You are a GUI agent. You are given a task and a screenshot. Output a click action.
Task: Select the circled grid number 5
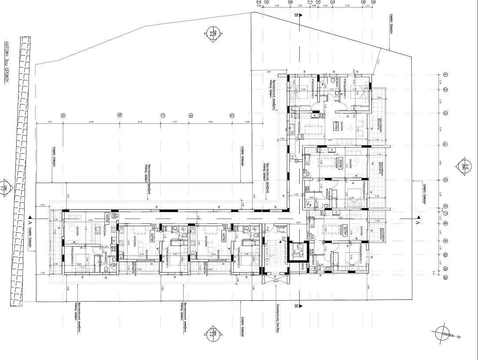click(x=445, y=180)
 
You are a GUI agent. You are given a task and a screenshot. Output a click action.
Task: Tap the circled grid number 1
click(x=445, y=75)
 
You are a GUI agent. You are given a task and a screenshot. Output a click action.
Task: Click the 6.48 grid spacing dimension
click(x=91, y=122)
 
